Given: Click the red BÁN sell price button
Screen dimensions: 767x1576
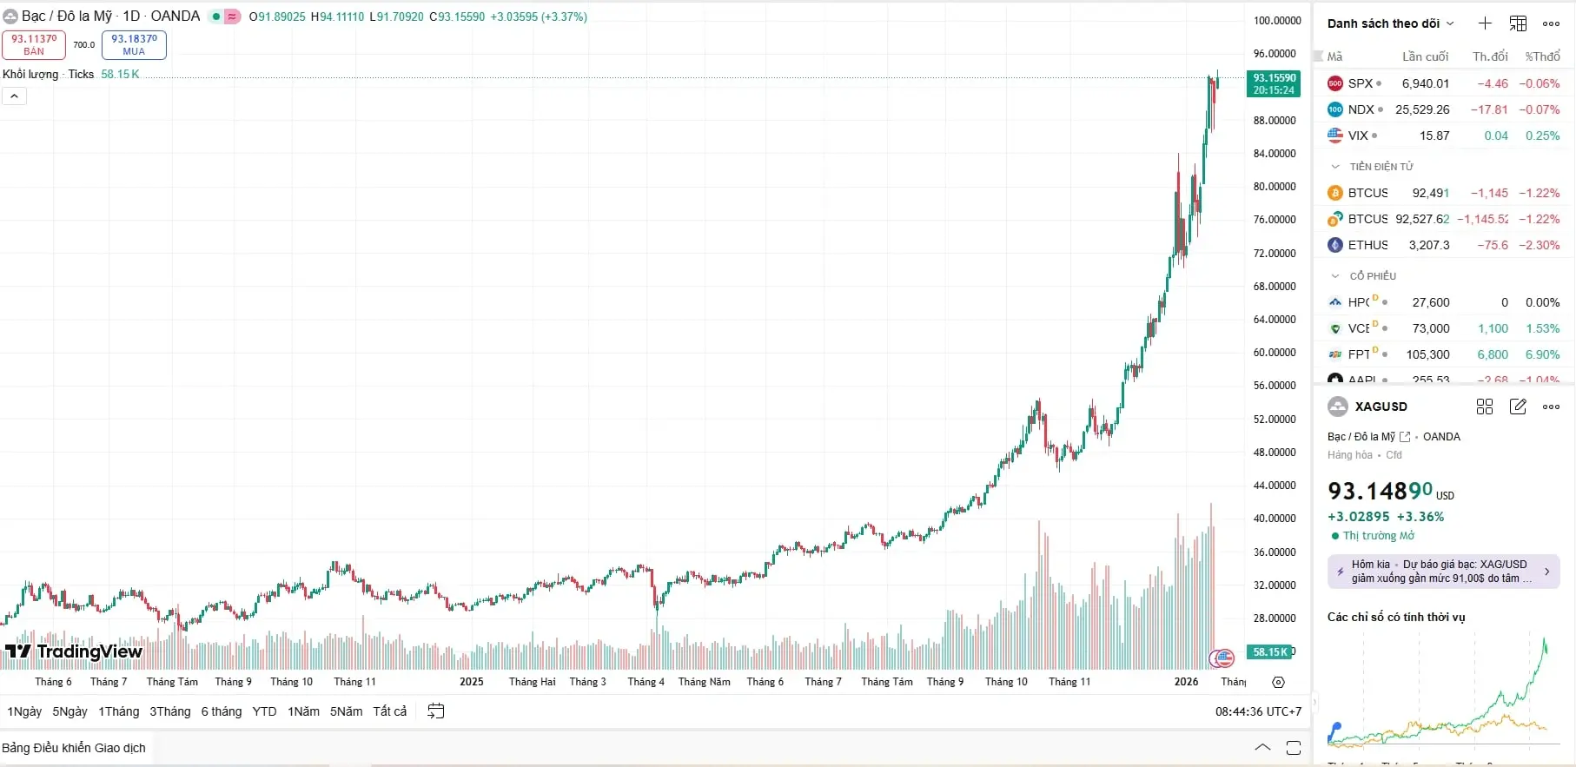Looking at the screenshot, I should click(34, 44).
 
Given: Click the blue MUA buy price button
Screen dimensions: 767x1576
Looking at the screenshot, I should click(134, 44).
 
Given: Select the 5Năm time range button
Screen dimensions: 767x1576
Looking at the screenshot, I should click(346, 711).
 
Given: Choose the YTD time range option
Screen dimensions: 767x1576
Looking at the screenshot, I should click(264, 711).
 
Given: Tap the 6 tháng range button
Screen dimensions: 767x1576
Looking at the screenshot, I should click(222, 711).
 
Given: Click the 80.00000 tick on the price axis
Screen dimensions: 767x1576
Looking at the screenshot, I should click(1275, 187).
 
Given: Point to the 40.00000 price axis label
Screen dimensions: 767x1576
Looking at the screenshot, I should click(1275, 519).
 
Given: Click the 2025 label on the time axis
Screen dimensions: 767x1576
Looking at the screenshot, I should click(472, 682).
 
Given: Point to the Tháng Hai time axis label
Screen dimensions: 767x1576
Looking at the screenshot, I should click(532, 682).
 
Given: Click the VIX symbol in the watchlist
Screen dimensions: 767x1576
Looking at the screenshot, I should click(1358, 136).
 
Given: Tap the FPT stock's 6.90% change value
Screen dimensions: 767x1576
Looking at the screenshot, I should click(1542, 354).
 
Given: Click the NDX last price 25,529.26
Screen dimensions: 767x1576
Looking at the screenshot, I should click(1422, 109).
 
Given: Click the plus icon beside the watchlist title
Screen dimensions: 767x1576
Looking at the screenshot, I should click(1485, 23).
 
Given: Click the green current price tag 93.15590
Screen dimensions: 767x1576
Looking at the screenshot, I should click(1274, 83).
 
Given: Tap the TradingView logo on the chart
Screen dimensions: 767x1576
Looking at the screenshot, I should click(74, 651).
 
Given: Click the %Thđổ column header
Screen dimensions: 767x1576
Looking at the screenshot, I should click(1542, 56).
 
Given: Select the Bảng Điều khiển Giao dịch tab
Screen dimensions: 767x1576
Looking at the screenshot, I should click(74, 748).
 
